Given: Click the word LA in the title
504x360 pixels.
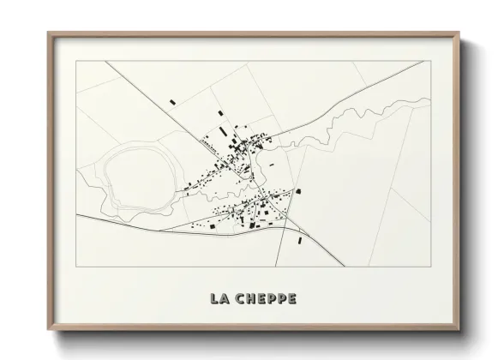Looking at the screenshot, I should tap(219, 298).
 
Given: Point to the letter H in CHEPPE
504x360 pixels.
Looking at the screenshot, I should tap(249, 298).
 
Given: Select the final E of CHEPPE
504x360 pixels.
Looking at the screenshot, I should tap(292, 298).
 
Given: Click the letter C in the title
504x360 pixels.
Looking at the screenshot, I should tap(237, 298).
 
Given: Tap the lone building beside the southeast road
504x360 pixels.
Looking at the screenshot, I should tap(299, 241).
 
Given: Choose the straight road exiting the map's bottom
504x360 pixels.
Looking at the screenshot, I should tap(283, 249).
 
